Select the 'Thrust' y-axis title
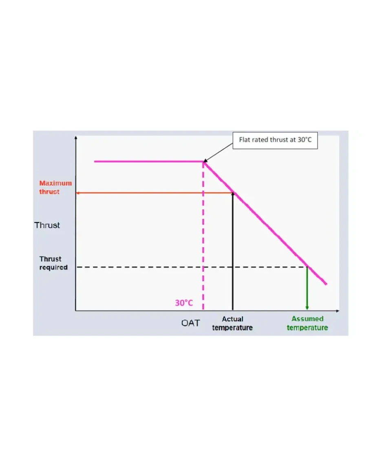pyautogui.click(x=47, y=225)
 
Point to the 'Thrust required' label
pyautogui.click(x=53, y=263)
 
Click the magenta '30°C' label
pyautogui.click(x=184, y=303)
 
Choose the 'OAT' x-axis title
pyautogui.click(x=191, y=323)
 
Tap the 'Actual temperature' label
pyautogui.click(x=232, y=323)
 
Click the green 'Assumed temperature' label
pyautogui.click(x=307, y=323)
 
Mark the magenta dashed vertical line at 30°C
pyautogui.click(x=203, y=244)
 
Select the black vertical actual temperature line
pyautogui.click(x=232, y=252)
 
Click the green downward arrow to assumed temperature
pyautogui.click(x=307, y=289)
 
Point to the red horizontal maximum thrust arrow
pyautogui.click(x=155, y=192)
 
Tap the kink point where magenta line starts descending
pyautogui.click(x=203, y=162)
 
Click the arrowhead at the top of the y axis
pyautogui.click(x=75, y=137)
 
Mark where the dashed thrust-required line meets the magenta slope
pyautogui.click(x=307, y=267)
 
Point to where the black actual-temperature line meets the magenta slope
pyautogui.click(x=233, y=192)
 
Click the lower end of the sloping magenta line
pyautogui.click(x=326, y=284)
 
